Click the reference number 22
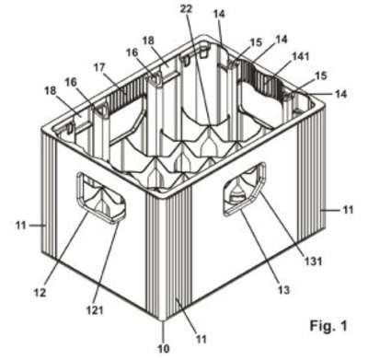(186, 9)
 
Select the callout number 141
(300, 56)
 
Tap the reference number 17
(99, 67)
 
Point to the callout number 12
(40, 293)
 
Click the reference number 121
(94, 310)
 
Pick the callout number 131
(313, 261)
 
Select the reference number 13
(283, 289)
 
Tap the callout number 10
(164, 348)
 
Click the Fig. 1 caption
(328, 325)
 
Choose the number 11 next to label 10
(201, 339)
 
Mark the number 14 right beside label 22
(219, 14)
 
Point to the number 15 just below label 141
(321, 75)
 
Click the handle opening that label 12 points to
(101, 196)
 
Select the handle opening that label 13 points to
(245, 189)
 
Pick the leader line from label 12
(66, 250)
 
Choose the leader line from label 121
(106, 263)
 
